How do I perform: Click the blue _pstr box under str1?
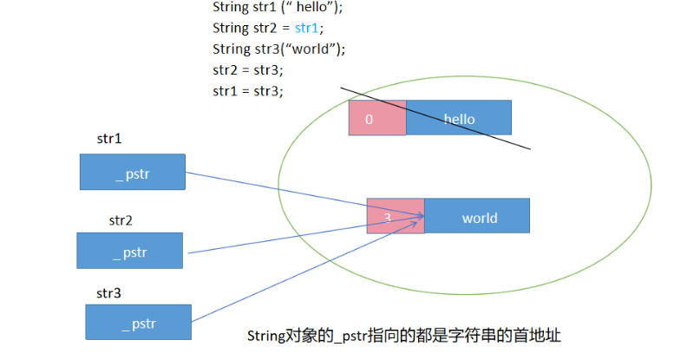132,172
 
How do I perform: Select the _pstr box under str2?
129,250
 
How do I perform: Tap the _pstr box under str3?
138,322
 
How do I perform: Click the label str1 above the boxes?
109,138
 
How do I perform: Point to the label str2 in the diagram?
121,220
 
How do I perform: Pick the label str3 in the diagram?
108,293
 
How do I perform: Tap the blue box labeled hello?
459,118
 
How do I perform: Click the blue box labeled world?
477,217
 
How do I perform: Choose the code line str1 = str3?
248,90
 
